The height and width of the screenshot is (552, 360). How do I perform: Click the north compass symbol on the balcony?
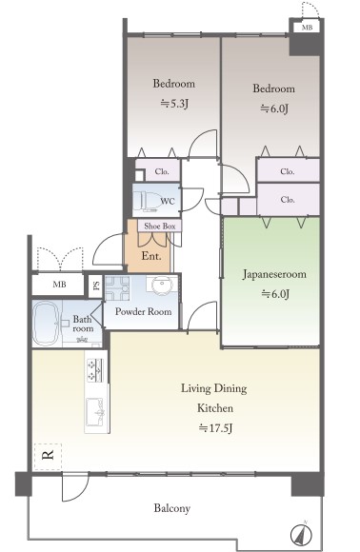tap(302, 535)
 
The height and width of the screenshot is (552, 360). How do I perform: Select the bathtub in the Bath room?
tap(45, 324)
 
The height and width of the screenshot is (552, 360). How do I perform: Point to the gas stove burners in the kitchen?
tap(95, 370)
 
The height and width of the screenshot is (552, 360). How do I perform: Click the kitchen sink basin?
tap(95, 410)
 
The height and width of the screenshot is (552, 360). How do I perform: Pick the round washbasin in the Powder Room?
tap(162, 283)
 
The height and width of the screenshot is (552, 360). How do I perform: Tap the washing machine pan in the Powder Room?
tap(117, 287)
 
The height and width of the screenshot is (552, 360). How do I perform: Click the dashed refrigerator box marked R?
tap(48, 456)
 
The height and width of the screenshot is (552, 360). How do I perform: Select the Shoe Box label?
tap(160, 226)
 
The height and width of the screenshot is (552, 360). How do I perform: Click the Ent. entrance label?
tap(151, 256)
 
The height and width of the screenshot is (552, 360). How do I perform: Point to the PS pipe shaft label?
tap(95, 285)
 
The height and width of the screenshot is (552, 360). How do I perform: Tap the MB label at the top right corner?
tap(307, 27)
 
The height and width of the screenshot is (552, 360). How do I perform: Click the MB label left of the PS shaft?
tap(59, 285)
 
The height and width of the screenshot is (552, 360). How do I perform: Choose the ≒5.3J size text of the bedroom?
tap(174, 104)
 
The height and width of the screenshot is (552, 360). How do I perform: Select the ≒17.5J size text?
tap(215, 428)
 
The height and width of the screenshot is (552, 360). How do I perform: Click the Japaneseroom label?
tap(274, 274)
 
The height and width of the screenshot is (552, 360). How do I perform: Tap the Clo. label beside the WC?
tap(162, 171)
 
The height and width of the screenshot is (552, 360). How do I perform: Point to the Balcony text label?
tap(171, 508)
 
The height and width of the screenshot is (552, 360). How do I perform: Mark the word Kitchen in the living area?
tap(215, 408)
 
